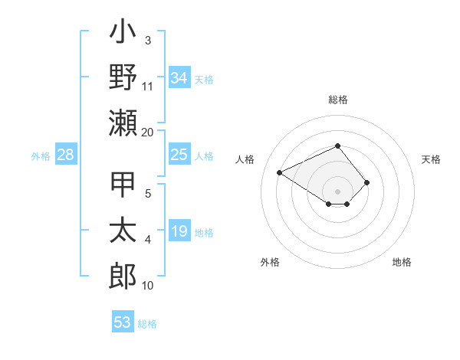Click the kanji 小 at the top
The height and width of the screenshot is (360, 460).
coord(123,34)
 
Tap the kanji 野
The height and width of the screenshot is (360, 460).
coord(123,77)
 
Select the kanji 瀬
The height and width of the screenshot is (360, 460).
coord(123,123)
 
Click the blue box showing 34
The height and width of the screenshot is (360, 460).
coord(179,77)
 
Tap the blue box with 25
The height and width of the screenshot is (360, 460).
coord(179,155)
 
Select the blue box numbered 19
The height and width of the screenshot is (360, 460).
coord(179,232)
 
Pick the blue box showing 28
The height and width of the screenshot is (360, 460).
coord(66,155)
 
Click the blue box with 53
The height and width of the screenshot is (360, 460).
coord(123,322)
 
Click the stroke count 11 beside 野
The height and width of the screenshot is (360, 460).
coord(147,86)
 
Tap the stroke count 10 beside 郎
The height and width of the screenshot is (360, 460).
coord(147,286)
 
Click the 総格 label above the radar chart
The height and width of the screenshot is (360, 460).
coord(337,100)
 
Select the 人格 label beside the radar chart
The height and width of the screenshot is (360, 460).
coord(245,159)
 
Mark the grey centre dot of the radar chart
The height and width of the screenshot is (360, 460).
coord(337,191)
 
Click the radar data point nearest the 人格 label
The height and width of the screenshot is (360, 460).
coord(280,172)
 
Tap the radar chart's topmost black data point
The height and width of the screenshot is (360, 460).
coord(337,146)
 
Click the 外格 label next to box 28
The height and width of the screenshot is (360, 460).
coord(41,156)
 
